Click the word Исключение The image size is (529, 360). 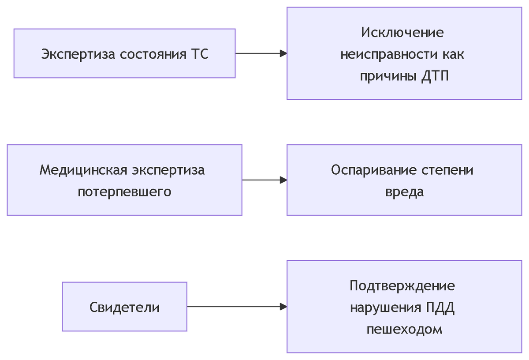click(x=402, y=33)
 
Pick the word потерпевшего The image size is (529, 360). click(x=124, y=192)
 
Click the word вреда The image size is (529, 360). click(x=404, y=192)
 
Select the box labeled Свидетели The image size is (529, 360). click(x=124, y=307)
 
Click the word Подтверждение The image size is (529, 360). click(x=402, y=286)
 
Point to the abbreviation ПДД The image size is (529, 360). click(x=440, y=307)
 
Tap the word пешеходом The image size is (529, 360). click(x=404, y=330)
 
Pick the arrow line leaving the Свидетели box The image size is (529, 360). click(x=234, y=307)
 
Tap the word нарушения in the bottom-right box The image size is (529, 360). click(x=386, y=307)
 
